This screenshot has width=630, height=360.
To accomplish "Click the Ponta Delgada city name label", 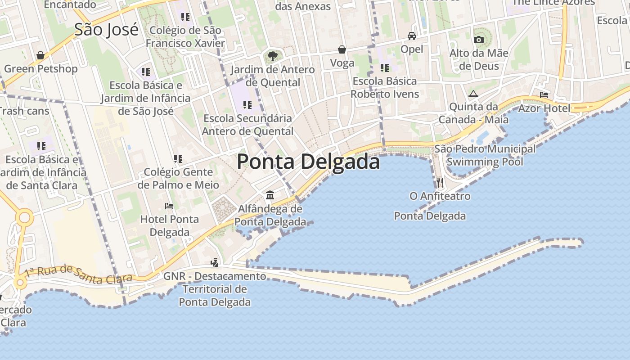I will [x=308, y=162].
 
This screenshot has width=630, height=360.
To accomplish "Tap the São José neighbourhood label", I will [x=106, y=30].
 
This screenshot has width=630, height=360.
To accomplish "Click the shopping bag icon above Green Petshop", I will [x=40, y=55].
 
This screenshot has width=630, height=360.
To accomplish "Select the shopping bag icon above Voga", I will [x=342, y=49].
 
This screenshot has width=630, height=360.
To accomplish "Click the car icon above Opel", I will [x=411, y=36].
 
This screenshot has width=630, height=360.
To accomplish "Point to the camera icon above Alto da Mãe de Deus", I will [x=479, y=40].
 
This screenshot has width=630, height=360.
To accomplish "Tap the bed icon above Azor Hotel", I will [x=544, y=95].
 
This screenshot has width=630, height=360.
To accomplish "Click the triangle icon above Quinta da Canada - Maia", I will [x=472, y=94].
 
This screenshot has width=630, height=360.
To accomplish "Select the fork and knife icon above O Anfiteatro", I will [x=440, y=183].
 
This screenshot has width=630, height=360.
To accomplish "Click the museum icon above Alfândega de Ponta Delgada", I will [x=270, y=195].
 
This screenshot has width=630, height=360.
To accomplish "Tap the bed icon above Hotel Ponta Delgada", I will [x=169, y=206].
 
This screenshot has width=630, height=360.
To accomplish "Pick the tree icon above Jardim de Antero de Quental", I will [x=272, y=56].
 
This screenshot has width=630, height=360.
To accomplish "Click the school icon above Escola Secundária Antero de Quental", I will [x=247, y=105].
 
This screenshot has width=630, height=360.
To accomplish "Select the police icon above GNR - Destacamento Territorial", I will [x=215, y=262].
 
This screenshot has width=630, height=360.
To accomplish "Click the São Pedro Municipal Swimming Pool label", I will [x=485, y=155].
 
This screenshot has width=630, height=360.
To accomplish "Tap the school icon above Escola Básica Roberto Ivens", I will [x=384, y=68].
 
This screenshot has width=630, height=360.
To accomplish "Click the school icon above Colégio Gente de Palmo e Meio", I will [x=178, y=159].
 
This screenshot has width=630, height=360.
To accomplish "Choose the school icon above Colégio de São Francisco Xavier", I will [x=185, y=17].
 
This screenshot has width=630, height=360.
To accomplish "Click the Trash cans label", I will [x=23, y=111].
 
